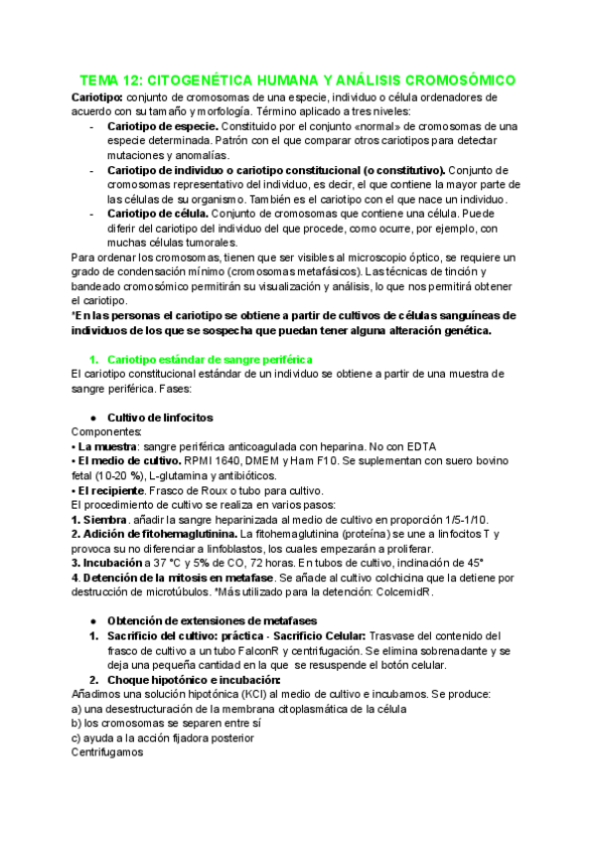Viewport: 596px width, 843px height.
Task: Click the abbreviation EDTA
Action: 419,446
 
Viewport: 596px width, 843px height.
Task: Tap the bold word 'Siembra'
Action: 106,519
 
